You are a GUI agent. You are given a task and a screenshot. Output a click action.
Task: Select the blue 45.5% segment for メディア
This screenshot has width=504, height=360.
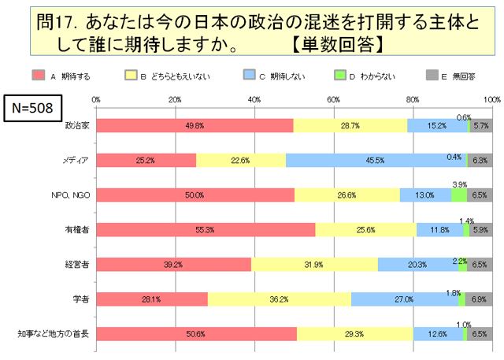click(x=375, y=160)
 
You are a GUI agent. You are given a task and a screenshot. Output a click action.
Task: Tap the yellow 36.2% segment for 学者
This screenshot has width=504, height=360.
click(x=279, y=299)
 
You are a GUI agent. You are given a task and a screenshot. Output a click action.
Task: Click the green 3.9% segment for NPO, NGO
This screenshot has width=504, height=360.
click(x=459, y=195)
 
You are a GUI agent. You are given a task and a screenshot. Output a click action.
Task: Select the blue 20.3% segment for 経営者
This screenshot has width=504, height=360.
click(x=417, y=264)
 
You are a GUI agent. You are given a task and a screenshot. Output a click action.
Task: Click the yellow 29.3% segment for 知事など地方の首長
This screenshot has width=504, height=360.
click(x=355, y=333)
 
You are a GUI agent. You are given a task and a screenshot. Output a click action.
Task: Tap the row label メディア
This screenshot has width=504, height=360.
click(x=76, y=160)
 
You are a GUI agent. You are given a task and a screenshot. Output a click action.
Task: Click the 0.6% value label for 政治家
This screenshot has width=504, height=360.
click(x=464, y=117)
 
